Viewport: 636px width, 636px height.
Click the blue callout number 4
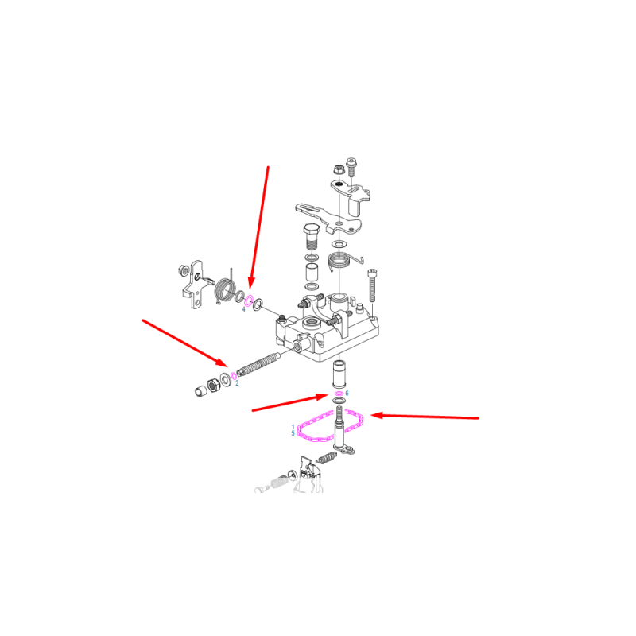click(x=244, y=309)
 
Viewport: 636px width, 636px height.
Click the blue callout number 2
click(x=237, y=383)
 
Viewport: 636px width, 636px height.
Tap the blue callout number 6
click(x=347, y=394)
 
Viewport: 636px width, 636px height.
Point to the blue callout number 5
click(x=293, y=433)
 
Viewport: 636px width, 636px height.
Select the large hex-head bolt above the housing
click(x=312, y=237)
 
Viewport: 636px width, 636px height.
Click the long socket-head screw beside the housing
click(x=372, y=285)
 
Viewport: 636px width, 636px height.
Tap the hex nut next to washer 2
click(x=213, y=385)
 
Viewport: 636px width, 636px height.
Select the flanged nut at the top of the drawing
click(x=338, y=169)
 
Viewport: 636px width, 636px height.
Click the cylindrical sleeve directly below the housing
click(x=339, y=373)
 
